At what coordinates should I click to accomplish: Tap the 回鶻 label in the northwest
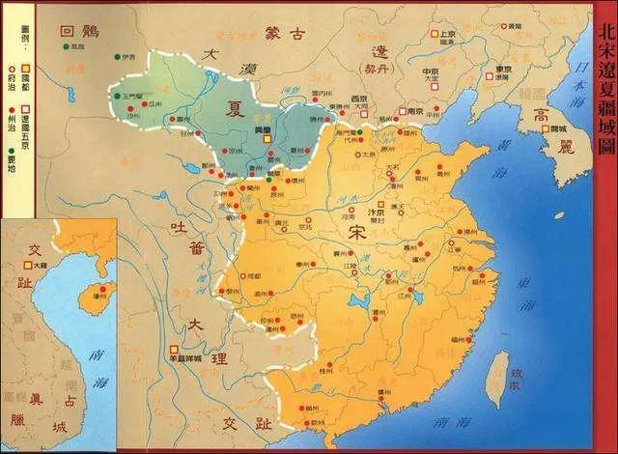tap(78, 31)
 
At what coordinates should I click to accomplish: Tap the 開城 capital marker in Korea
tap(524, 128)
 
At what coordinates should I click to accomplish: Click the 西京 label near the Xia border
tap(361, 99)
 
